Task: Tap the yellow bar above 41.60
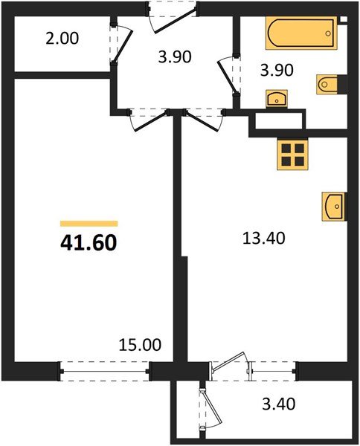pos(89,223)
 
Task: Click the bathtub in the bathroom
pos(301,33)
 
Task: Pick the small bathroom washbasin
pos(276,97)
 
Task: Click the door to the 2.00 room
pos(119,49)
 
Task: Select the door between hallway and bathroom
pos(227,74)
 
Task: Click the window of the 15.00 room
pos(105,369)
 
